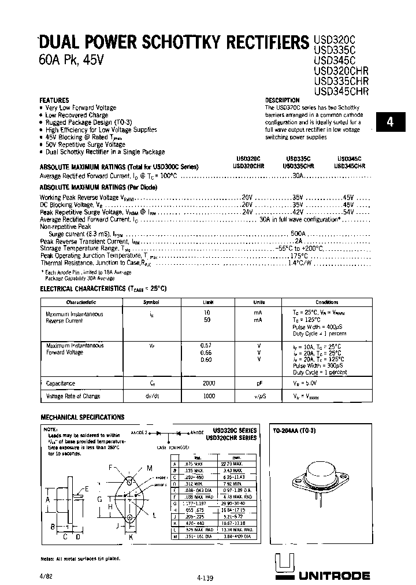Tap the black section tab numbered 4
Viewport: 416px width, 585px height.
[391, 122]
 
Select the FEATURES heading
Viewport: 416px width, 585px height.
[54, 100]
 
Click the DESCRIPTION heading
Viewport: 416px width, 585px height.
[282, 100]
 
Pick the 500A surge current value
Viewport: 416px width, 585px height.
[298, 233]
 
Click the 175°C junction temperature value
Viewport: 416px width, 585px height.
[298, 255]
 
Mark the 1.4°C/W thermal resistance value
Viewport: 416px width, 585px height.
[300, 262]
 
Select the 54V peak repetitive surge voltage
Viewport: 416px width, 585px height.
[348, 212]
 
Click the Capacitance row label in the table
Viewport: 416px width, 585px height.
[61, 383]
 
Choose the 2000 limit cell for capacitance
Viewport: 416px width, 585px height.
[209, 383]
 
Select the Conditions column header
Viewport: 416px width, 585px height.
[327, 302]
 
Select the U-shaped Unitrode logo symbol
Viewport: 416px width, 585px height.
[284, 565]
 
